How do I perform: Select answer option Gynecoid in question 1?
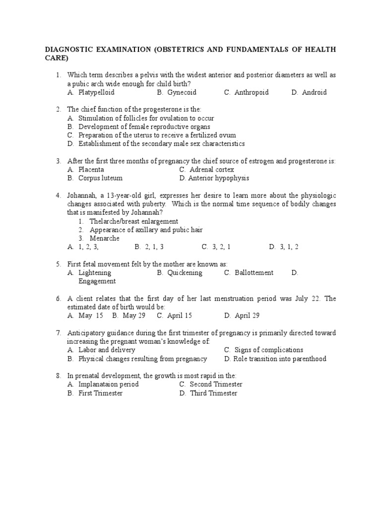coord(182,92)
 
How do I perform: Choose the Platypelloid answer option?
coord(96,92)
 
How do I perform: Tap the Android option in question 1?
coord(315,92)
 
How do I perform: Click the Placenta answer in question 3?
coord(91,169)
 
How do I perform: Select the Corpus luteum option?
coord(100,178)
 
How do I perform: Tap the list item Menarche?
coord(105,238)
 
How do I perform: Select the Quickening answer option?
coord(185,272)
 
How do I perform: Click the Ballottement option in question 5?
coord(254,272)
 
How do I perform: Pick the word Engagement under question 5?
coord(97,281)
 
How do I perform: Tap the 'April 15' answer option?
coord(180,316)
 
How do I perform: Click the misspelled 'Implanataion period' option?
coord(109,384)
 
